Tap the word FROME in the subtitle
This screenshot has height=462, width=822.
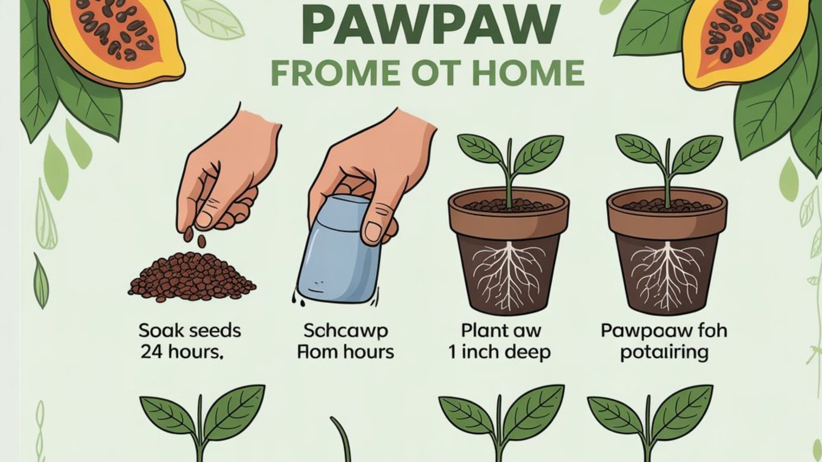pos(334,73)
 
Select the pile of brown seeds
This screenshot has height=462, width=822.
pos(192,277)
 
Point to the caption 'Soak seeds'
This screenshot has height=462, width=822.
pos(190,331)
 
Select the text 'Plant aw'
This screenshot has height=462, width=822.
pos(500,331)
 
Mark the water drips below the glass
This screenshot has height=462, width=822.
pos(295,299)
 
